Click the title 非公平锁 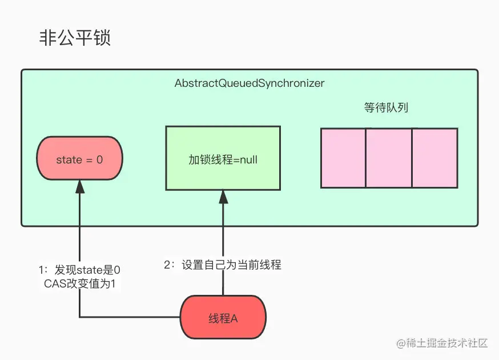(74, 38)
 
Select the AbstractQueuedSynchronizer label (249, 83)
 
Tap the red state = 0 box (79, 160)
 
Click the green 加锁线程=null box (223, 158)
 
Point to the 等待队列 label (386, 107)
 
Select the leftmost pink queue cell (343, 158)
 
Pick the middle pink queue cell (389, 158)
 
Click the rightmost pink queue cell (434, 158)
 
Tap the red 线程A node (223, 318)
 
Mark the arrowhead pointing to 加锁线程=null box (223, 197)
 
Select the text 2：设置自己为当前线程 (223, 265)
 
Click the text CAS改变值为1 (79, 283)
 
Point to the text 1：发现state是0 (79, 269)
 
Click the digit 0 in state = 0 (99, 160)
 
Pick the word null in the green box (248, 159)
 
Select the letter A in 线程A (234, 319)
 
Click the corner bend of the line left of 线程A (80, 317)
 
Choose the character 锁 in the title (101, 38)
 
